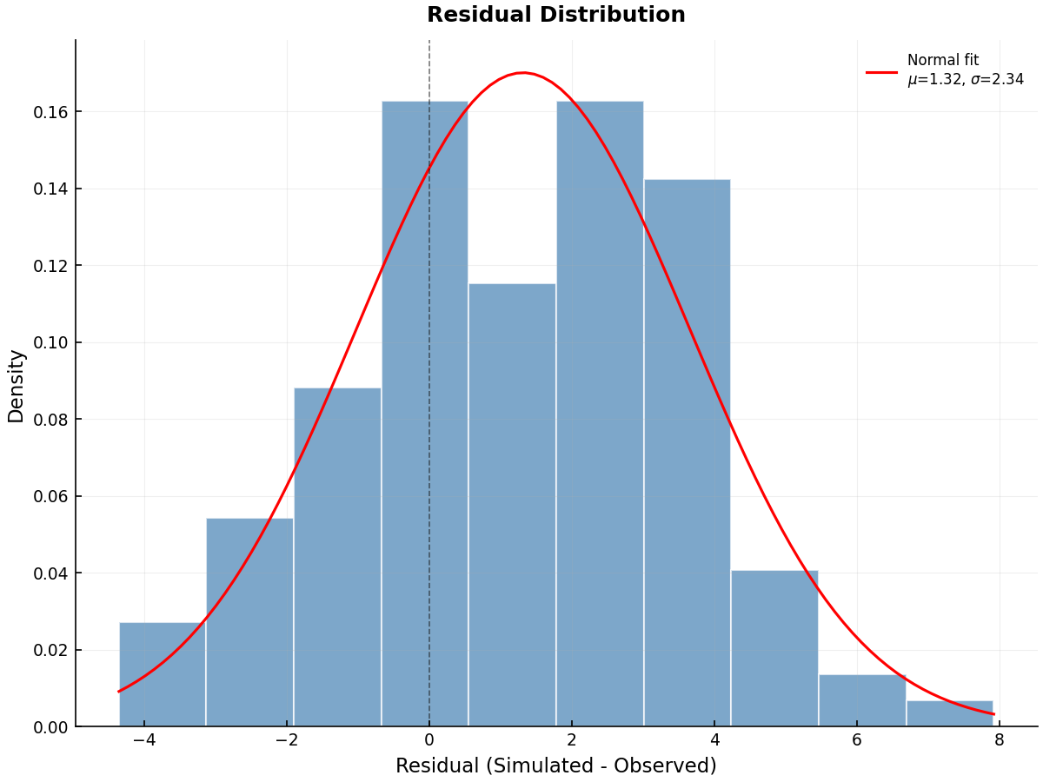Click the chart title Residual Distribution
point(555,16)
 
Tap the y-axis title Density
point(17,386)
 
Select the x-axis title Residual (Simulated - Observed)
point(555,765)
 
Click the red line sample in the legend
point(881,72)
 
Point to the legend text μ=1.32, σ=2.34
point(965,80)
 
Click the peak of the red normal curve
point(522,73)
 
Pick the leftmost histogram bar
point(163,674)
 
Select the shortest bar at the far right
point(949,713)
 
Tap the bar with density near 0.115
point(512,504)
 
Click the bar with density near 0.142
point(687,452)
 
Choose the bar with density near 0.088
point(337,556)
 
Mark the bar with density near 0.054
point(249,622)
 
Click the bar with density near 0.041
point(774,648)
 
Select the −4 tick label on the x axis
point(144,740)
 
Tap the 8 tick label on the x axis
point(999,740)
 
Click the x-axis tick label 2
point(572,740)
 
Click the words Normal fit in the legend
point(942,61)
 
